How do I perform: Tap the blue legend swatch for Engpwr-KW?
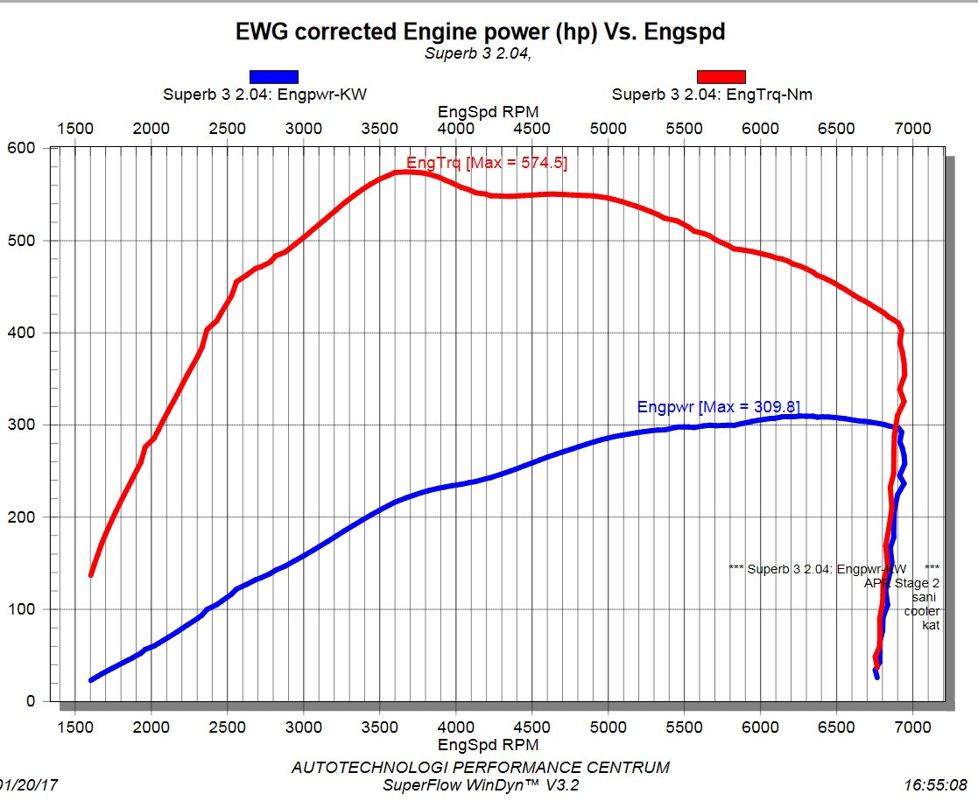tap(274, 77)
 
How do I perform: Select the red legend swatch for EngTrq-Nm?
tap(721, 77)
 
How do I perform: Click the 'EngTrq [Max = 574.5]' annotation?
tap(487, 163)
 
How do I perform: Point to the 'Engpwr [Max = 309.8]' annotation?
tap(718, 407)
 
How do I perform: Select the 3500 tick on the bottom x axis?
tap(380, 727)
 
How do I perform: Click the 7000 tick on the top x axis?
tap(913, 129)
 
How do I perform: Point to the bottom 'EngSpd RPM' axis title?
tap(489, 745)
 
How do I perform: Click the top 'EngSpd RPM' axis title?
tap(489, 111)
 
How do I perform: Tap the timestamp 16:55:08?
tap(937, 785)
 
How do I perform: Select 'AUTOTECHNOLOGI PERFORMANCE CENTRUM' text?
tap(480, 767)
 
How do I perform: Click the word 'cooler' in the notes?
tap(921, 610)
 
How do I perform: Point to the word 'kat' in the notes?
tap(931, 625)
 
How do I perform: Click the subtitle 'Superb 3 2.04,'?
tap(478, 53)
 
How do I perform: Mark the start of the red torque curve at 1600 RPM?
tap(91, 574)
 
